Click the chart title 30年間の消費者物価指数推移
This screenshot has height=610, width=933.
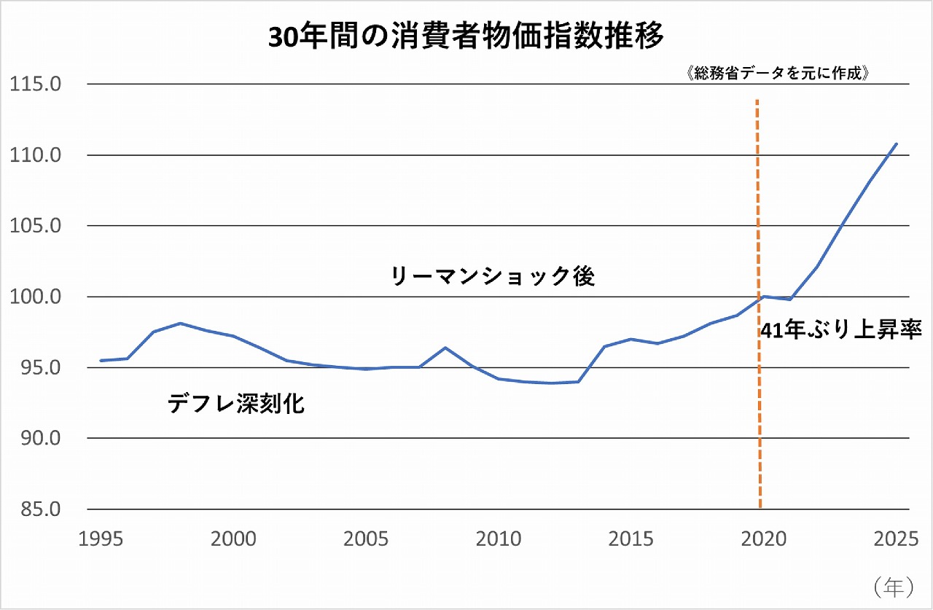point(466,38)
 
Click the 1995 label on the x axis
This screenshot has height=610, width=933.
point(101,539)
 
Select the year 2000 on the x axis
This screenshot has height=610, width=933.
point(233,539)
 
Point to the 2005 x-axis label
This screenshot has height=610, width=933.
point(366,539)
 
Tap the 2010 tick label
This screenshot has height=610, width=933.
point(499,539)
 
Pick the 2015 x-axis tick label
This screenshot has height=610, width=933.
point(631,539)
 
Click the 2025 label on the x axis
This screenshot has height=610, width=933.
point(896,539)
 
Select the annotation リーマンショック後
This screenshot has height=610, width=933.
point(493,276)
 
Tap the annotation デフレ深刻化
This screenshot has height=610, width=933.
point(235,403)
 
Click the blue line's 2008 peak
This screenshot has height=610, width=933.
point(445,348)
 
